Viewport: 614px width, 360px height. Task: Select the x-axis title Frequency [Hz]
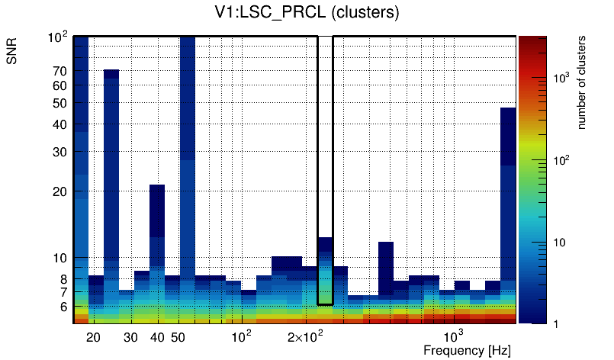467,351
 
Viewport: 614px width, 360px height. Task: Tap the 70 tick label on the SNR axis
59,72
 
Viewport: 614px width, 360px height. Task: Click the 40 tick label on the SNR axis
59,124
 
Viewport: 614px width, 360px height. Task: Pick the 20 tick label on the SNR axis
59,191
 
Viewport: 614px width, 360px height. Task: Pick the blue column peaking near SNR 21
157,221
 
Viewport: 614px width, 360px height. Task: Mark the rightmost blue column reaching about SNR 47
508,191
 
